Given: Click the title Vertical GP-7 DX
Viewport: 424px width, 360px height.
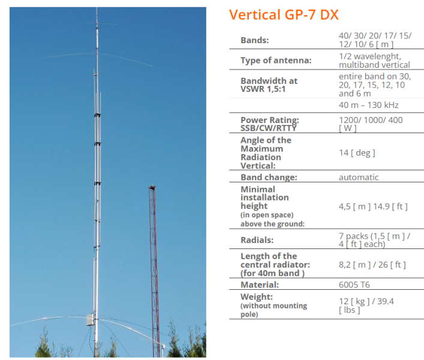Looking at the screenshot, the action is (x=284, y=14).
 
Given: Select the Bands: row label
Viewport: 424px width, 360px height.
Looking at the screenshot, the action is (x=255, y=40).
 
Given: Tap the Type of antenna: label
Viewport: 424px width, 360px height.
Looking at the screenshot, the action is (x=276, y=61).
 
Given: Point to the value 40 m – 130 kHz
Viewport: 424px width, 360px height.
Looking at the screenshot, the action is (x=369, y=105).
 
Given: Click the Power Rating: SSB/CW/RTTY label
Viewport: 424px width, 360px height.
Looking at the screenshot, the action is (x=270, y=124).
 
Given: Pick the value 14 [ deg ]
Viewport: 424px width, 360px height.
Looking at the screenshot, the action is (x=357, y=153).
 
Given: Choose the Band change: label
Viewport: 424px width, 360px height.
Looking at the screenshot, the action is (x=269, y=177).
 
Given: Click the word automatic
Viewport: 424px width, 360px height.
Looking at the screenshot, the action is (x=359, y=178).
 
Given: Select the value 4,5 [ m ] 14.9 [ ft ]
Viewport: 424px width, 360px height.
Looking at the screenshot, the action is (x=373, y=206).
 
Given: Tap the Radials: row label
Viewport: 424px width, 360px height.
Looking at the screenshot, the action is (x=257, y=240).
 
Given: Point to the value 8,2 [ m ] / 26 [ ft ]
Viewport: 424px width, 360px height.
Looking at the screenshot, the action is (x=372, y=265).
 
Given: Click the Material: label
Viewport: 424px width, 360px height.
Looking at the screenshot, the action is (x=260, y=284).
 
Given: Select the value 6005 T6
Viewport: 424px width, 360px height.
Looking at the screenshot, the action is (x=354, y=284).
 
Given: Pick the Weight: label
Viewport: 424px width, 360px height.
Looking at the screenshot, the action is (x=257, y=297).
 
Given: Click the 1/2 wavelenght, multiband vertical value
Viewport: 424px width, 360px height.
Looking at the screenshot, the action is (x=374, y=61).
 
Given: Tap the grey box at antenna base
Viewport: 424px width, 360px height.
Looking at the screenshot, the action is (x=91, y=320).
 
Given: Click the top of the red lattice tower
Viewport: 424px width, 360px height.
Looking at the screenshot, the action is (x=152, y=187).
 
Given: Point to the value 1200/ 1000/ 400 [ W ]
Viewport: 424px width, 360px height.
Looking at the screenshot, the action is (x=371, y=124).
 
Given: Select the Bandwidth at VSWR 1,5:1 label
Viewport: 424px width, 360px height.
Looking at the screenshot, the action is (x=269, y=85).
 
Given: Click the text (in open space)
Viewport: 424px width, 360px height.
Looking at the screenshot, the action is (x=267, y=215).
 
